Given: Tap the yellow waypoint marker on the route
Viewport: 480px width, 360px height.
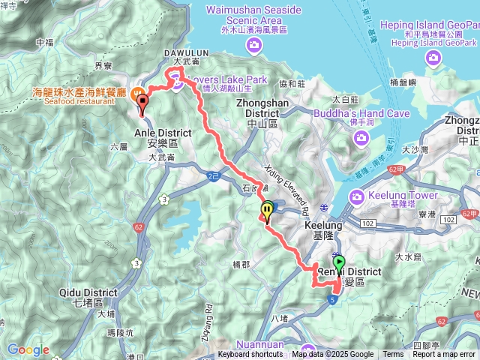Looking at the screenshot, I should tap(266, 211).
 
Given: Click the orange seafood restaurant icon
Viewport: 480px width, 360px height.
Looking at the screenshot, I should tap(137, 95).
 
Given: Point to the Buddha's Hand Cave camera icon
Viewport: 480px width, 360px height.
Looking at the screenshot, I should tap(361, 138).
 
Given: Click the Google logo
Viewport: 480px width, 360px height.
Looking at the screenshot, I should tap(28, 349).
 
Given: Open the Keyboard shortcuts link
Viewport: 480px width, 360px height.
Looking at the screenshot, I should tap(250, 355).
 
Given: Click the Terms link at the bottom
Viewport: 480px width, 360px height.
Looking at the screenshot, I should tap(393, 355).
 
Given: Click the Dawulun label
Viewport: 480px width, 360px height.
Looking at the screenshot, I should tap(179, 52).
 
